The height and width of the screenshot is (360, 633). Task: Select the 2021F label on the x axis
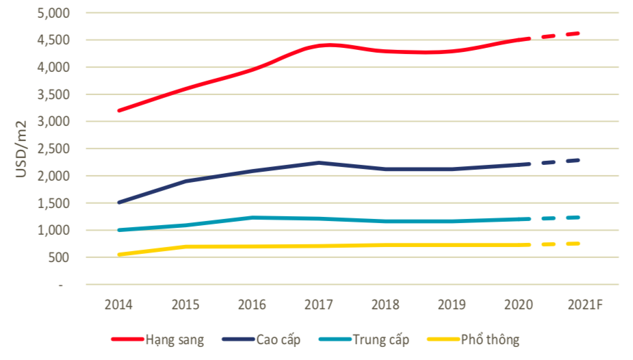(585, 304)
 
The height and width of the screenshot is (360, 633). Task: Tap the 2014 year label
(118, 304)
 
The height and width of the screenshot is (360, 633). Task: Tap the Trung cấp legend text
(380, 339)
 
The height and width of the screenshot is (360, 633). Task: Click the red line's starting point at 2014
(119, 110)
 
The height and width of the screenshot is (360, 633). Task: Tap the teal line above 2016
(253, 218)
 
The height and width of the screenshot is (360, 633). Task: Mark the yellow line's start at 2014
(119, 255)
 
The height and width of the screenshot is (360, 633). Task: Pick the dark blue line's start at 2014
(119, 203)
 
